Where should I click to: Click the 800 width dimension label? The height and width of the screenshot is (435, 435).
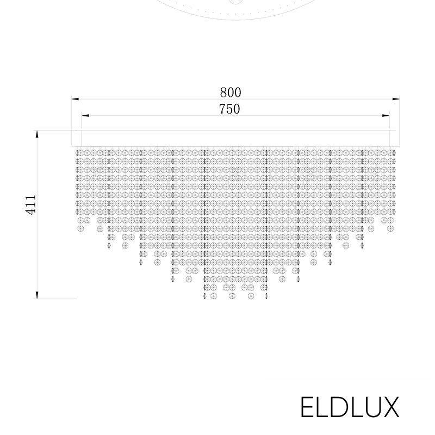click(230, 92)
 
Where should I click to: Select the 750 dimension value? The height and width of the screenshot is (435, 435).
click(229, 109)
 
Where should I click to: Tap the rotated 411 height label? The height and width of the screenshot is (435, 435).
click(31, 204)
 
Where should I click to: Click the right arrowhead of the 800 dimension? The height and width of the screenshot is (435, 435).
click(396, 99)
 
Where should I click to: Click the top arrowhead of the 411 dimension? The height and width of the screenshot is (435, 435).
click(37, 134)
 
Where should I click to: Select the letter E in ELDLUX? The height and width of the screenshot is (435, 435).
click(307, 408)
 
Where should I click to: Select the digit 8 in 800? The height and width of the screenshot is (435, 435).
click(223, 92)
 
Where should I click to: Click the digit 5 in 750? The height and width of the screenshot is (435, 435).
click(229, 109)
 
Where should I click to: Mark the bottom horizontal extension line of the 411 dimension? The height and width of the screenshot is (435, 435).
click(57, 299)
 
